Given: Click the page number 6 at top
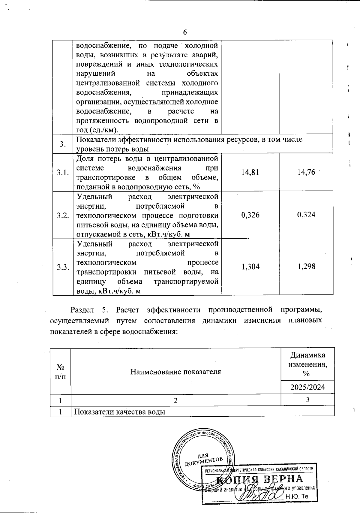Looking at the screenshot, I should click(x=185, y=32).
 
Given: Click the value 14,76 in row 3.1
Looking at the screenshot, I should click(x=306, y=172).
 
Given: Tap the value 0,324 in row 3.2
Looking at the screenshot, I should click(x=306, y=215).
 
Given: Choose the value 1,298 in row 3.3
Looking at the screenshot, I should click(x=306, y=267).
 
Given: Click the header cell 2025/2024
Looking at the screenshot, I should click(x=307, y=387).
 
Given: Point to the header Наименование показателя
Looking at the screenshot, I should click(x=175, y=372).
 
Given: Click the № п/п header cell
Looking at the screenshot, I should click(x=61, y=372).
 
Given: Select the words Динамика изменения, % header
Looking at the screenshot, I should click(x=307, y=364).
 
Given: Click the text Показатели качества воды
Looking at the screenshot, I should click(x=120, y=412).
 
